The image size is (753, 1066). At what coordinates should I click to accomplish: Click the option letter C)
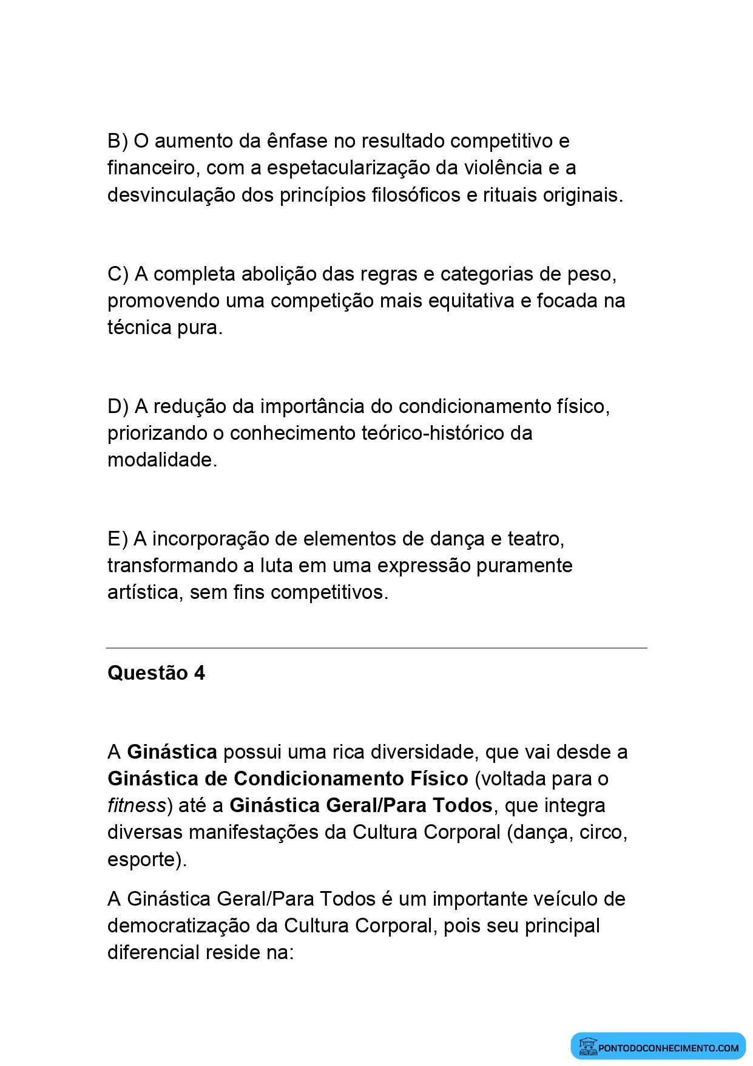(118, 275)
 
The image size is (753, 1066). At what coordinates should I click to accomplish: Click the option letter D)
(118, 407)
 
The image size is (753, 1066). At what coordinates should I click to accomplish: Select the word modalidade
(162, 460)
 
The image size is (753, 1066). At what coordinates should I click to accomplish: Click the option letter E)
(117, 539)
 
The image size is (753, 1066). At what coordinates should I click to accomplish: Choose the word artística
(145, 593)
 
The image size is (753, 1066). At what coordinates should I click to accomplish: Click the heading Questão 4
(156, 673)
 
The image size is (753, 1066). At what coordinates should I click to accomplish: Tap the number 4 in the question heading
(200, 673)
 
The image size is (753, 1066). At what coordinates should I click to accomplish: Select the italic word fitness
(137, 806)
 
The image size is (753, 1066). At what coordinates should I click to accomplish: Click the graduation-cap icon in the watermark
(587, 1046)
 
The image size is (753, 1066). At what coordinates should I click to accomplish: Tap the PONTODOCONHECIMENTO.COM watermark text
(668, 1048)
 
